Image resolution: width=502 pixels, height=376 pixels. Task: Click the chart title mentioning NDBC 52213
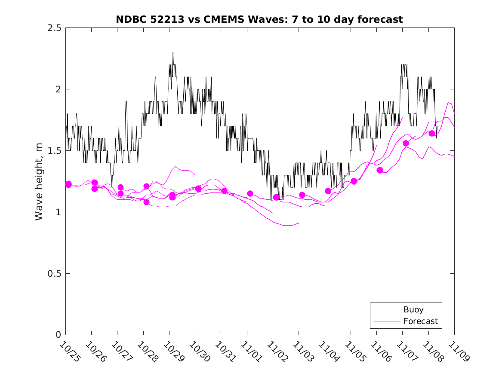pos(259,19)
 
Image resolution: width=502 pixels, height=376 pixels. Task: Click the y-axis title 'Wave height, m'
pos(39,181)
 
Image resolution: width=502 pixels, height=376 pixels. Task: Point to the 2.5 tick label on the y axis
pos(54,28)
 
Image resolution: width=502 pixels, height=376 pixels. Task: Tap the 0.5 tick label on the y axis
pos(54,274)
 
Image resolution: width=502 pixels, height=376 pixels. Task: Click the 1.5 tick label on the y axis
pos(54,151)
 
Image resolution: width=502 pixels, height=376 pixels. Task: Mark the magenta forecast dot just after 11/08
pos(432,133)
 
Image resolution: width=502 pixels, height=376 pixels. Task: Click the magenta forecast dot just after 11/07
pos(406,143)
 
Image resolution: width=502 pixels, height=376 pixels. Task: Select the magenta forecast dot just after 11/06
pos(380,170)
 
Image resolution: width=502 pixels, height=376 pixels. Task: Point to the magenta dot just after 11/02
pos(276,197)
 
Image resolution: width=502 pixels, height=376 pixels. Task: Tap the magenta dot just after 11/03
pos(302,195)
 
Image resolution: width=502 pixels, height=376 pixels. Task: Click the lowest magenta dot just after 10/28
pos(146,202)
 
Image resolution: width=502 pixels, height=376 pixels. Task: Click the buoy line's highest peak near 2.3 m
pos(173,52)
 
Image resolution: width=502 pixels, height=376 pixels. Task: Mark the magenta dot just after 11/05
pos(354,181)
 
